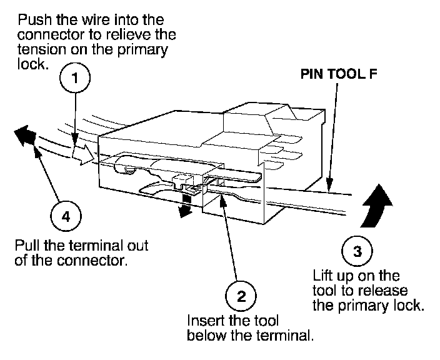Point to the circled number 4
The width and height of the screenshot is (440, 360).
(x=66, y=217)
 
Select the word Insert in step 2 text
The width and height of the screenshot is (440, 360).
(x=203, y=320)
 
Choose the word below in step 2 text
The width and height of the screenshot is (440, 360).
(x=203, y=336)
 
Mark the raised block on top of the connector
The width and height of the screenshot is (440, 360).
(x=250, y=118)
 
